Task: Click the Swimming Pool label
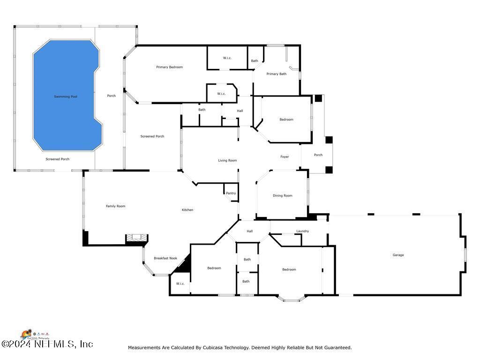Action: point(65,97)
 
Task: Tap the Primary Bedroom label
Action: point(169,67)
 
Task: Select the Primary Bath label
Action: point(276,74)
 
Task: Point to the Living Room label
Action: point(227,160)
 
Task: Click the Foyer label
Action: point(285,157)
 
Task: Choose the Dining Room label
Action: point(282,195)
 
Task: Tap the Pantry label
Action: point(231,193)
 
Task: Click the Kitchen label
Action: point(187,210)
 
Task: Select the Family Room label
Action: point(115,206)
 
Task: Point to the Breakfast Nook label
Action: point(165,258)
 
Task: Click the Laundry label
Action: point(302,231)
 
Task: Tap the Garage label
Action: point(398,255)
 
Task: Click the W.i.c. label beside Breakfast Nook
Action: point(180,284)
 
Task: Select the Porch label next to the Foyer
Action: point(318,155)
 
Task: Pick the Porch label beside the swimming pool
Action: point(111,96)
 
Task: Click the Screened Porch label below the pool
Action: point(57,159)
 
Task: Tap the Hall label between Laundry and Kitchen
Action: point(249,231)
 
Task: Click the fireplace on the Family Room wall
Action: point(136,239)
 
